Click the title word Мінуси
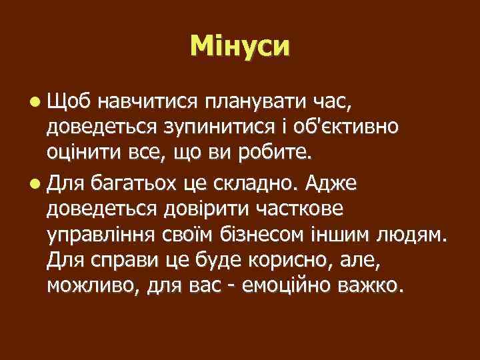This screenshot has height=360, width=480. [240, 46]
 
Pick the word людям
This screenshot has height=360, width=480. [417, 237]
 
